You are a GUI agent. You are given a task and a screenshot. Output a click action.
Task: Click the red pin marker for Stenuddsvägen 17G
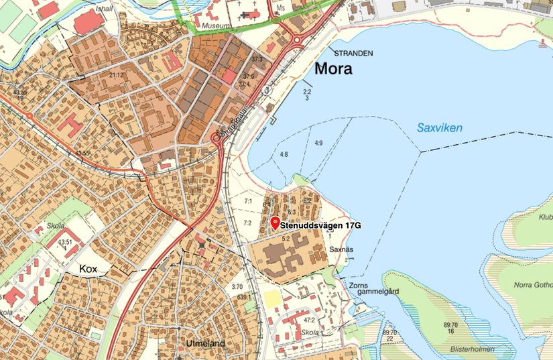(x=274, y=223)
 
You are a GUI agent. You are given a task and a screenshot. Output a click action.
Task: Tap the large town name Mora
(x=333, y=69)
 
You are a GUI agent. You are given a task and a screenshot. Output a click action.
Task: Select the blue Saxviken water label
(x=439, y=127)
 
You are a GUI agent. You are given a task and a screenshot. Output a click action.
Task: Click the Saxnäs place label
(x=341, y=249)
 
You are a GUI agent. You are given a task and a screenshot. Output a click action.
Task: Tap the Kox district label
(x=88, y=268)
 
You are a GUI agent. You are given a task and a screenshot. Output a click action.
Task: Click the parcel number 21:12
(x=117, y=74)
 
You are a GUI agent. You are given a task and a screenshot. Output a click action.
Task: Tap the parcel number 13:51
(x=65, y=242)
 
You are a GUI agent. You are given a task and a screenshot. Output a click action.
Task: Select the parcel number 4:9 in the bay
(x=318, y=143)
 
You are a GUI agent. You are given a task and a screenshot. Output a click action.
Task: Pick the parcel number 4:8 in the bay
(x=284, y=154)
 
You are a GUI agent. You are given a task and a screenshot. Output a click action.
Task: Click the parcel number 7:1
(x=247, y=201)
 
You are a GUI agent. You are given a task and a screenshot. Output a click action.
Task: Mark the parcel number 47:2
(x=308, y=320)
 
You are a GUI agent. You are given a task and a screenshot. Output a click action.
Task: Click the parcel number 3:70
(x=237, y=287)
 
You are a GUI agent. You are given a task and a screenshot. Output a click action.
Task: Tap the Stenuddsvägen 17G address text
(x=320, y=226)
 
